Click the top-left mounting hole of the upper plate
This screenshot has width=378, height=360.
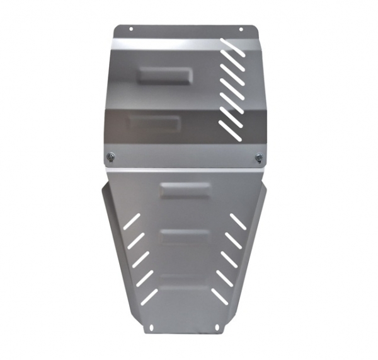click(131, 29)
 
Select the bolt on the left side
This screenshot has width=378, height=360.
click(110, 156)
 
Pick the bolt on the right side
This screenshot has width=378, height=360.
click(258, 158)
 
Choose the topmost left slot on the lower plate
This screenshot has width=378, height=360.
click(132, 219)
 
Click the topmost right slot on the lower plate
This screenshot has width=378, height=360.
click(238, 221)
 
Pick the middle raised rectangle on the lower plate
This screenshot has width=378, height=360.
click(185, 236)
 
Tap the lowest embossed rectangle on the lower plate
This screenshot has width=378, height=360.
click(185, 281)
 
